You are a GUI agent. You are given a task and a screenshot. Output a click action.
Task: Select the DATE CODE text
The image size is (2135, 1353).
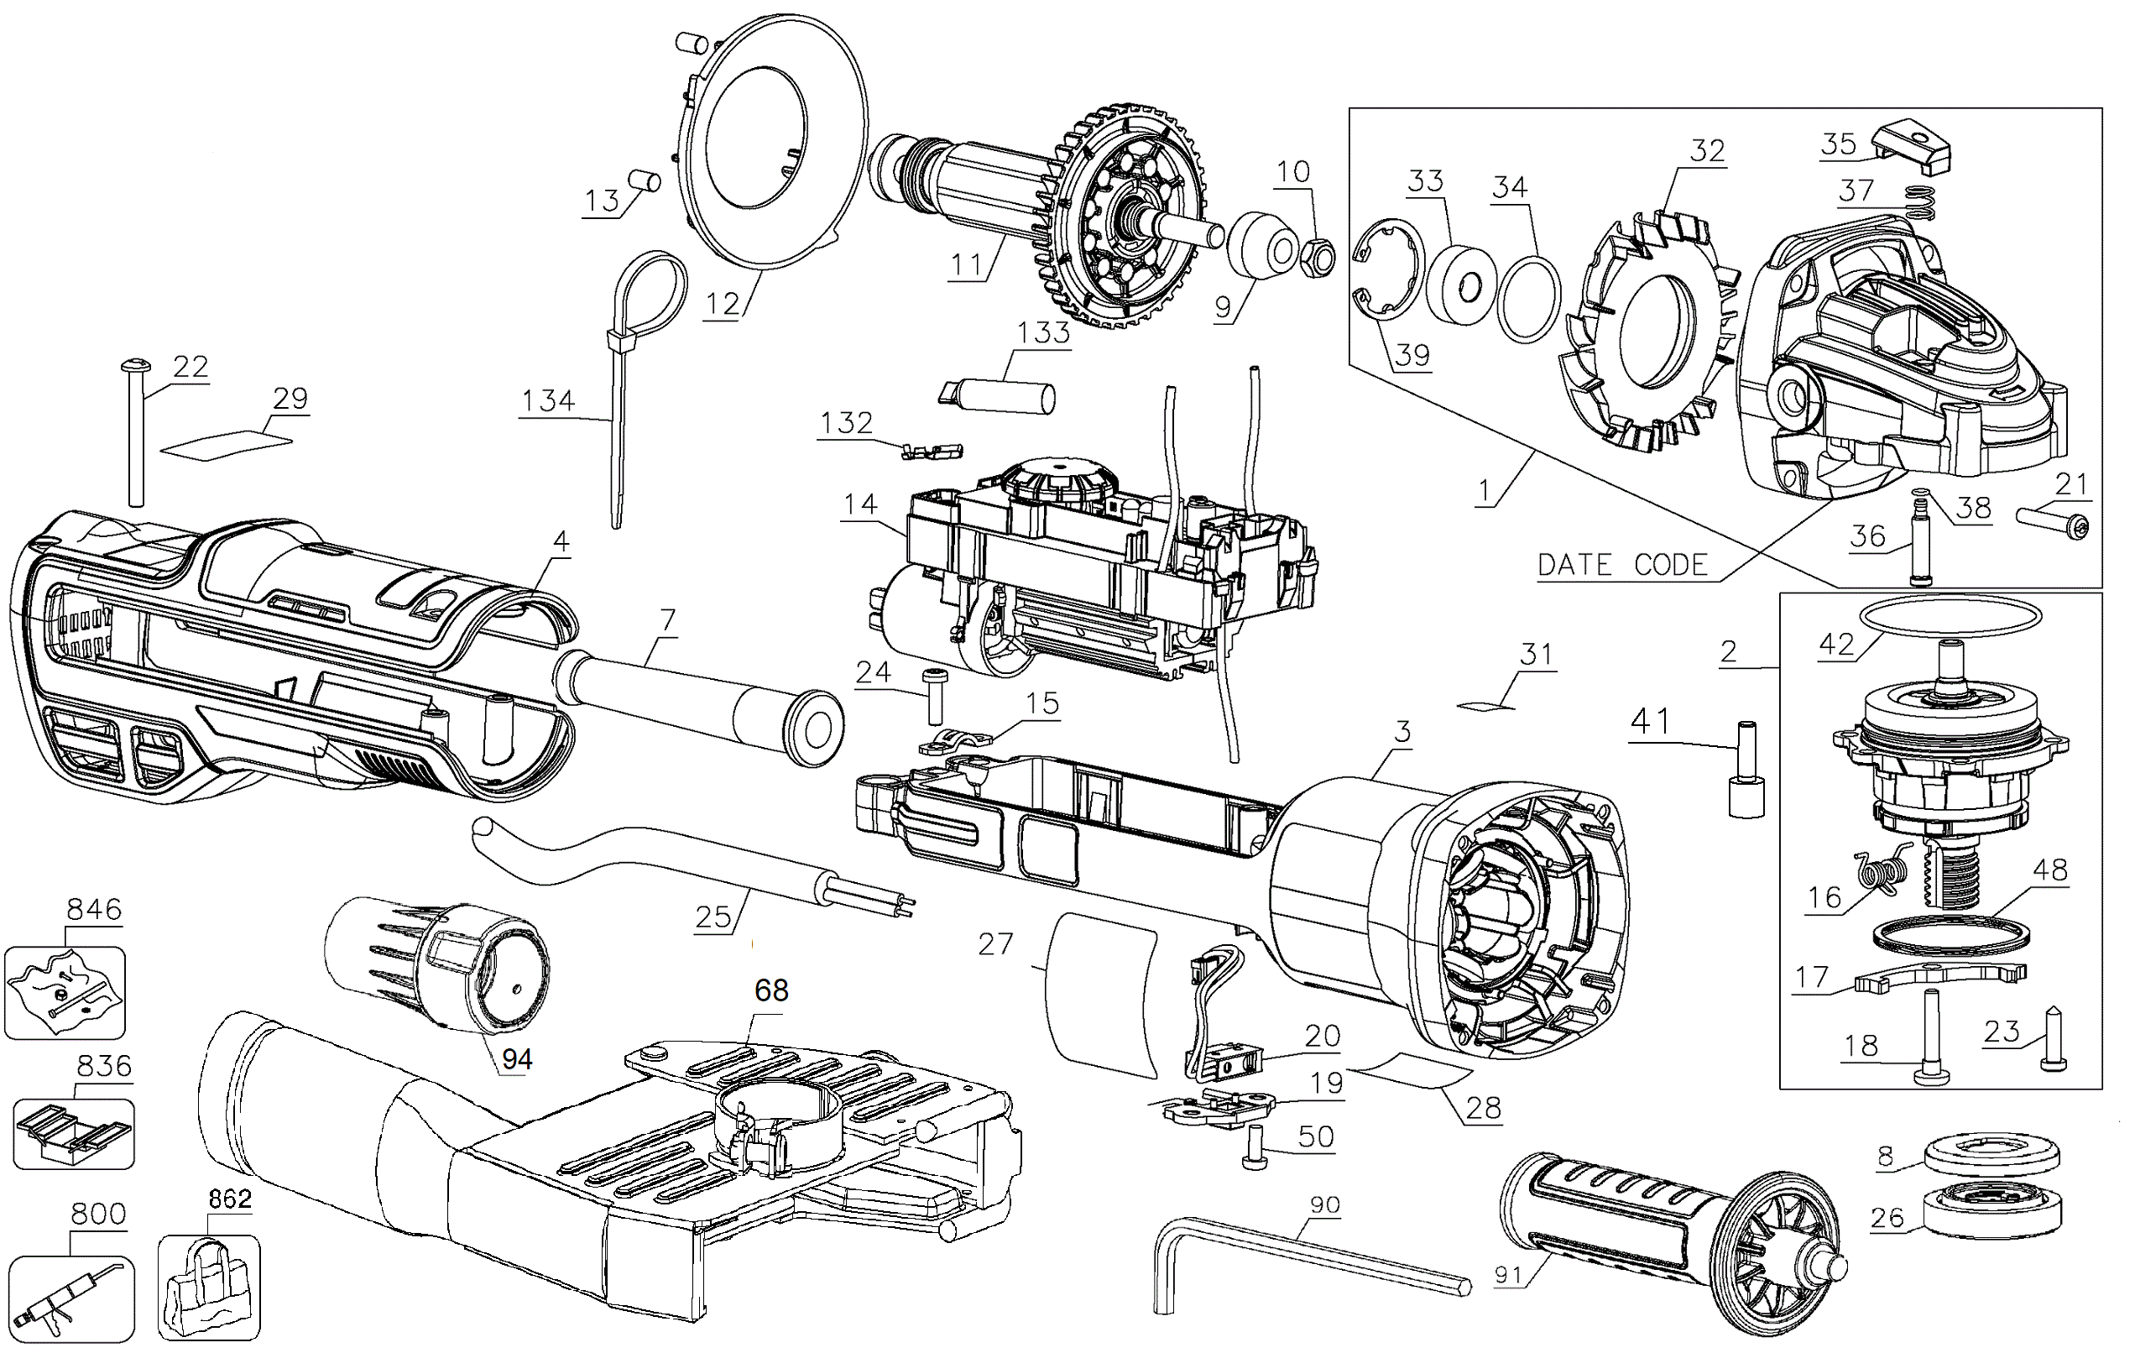pyautogui.click(x=1622, y=566)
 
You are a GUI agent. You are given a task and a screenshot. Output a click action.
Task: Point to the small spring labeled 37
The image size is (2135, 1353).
pyautogui.click(x=1918, y=201)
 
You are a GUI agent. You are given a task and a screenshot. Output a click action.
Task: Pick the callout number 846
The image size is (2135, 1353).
pyautogui.click(x=94, y=910)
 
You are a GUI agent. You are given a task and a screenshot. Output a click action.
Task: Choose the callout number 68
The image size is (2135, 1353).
pyautogui.click(x=771, y=990)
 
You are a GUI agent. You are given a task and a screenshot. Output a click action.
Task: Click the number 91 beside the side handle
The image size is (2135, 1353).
pyautogui.click(x=1507, y=1276)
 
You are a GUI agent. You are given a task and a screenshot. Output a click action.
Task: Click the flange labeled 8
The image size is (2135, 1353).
pyautogui.click(x=1991, y=1156)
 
